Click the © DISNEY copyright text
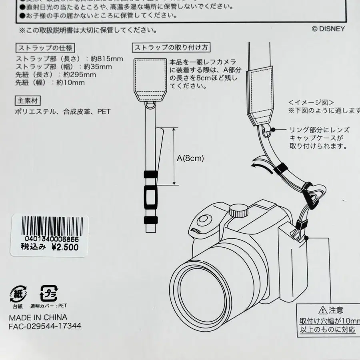pyautogui.click(x=328, y=28)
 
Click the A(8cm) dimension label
pyautogui.click(x=190, y=158)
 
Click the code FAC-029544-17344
pyautogui.click(x=45, y=326)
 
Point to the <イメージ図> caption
pyautogui.click(x=311, y=102)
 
